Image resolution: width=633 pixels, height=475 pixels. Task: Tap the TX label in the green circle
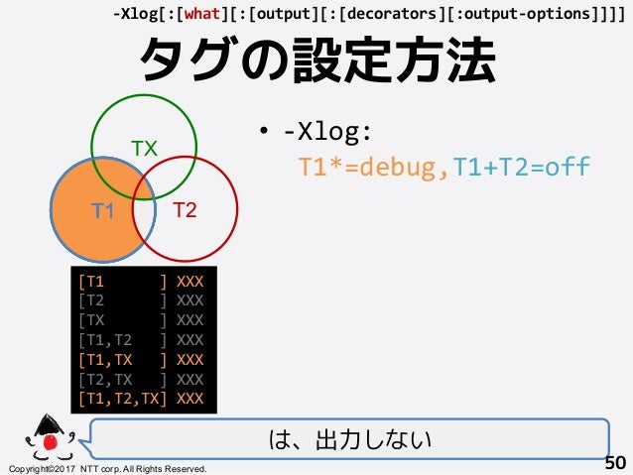145,149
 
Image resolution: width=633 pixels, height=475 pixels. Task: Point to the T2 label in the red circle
185,210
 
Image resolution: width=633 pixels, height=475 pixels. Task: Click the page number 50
615,462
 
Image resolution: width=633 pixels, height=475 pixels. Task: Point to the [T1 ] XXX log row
141,281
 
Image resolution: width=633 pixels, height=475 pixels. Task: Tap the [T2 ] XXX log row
141,300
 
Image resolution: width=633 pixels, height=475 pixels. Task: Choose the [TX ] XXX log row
141,320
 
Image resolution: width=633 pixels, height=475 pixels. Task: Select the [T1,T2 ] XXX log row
141,340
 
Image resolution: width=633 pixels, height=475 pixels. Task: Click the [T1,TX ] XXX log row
141,360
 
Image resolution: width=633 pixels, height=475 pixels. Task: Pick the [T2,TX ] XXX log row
141,380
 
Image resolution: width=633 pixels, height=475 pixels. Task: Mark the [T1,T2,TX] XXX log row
141,400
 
